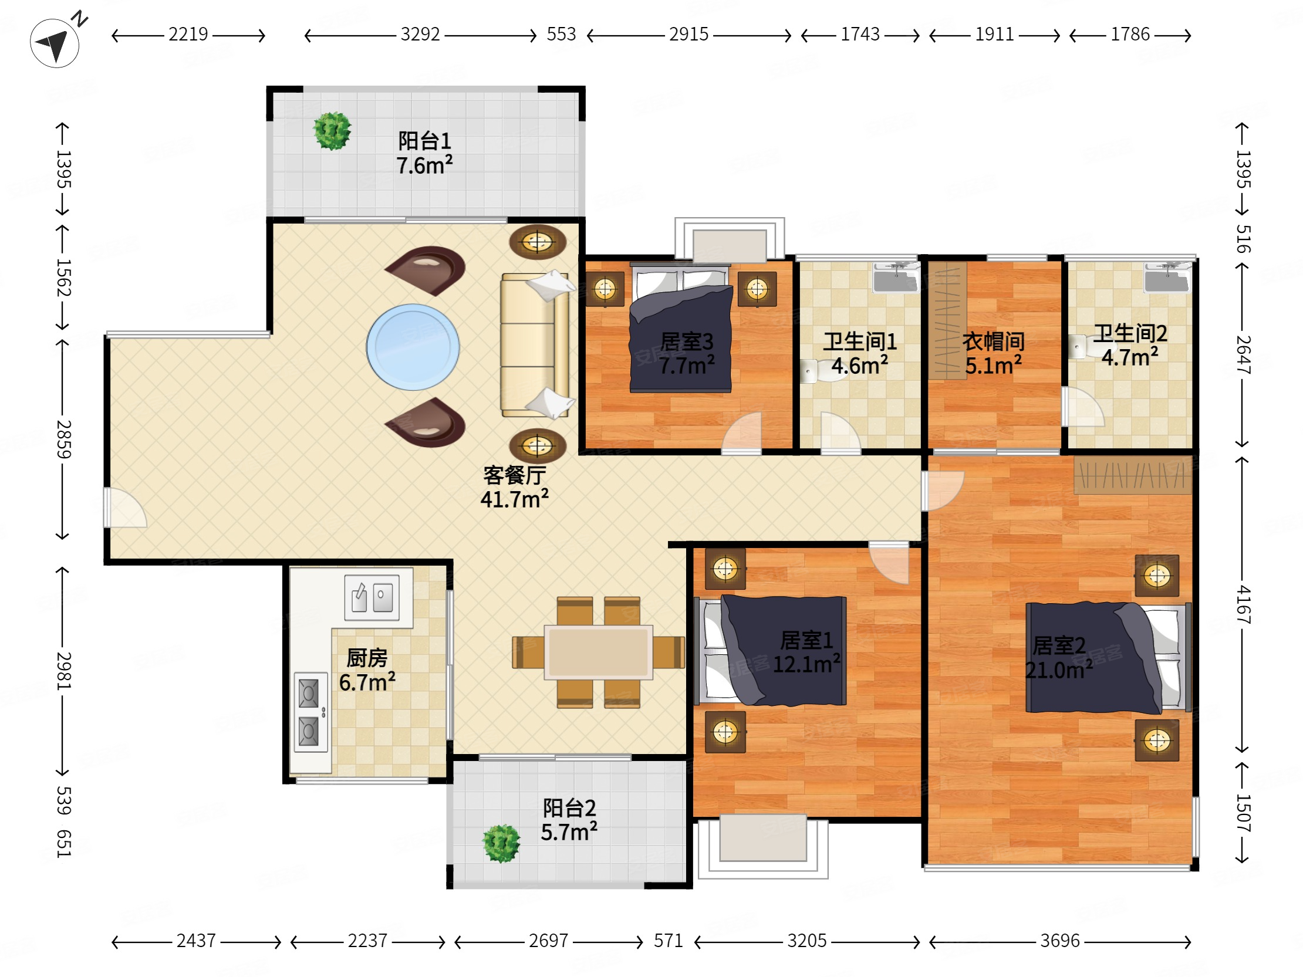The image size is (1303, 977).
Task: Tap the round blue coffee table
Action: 413,347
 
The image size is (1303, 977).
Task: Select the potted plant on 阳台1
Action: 332,131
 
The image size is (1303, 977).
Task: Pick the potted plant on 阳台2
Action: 501,843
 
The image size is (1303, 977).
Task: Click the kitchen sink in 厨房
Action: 372,598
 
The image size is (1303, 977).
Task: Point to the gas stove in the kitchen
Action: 310,712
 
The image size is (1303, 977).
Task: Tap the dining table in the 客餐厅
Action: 598,652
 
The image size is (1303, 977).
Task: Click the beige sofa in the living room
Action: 535,345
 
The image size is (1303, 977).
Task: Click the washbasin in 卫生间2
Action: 1167,278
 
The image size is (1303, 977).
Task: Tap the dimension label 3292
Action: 420,34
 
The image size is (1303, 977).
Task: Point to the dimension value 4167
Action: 1243,605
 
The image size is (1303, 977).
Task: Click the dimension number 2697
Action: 548,941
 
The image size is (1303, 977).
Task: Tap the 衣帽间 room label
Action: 994,342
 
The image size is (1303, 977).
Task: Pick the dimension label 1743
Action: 860,34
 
